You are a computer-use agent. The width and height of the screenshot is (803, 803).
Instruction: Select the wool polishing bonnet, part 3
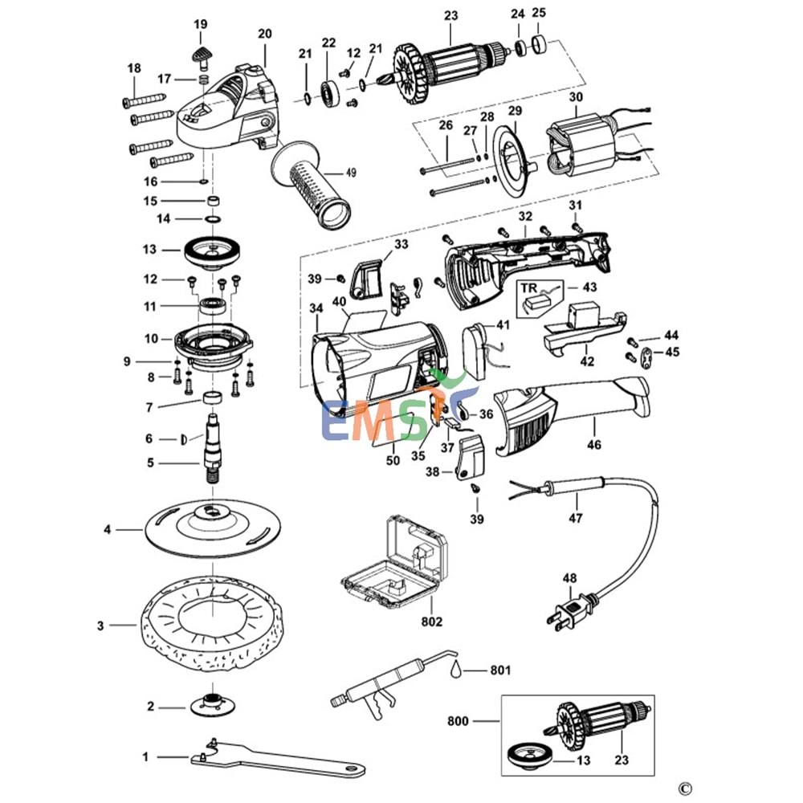(213, 618)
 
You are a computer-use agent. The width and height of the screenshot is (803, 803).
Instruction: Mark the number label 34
(316, 307)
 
